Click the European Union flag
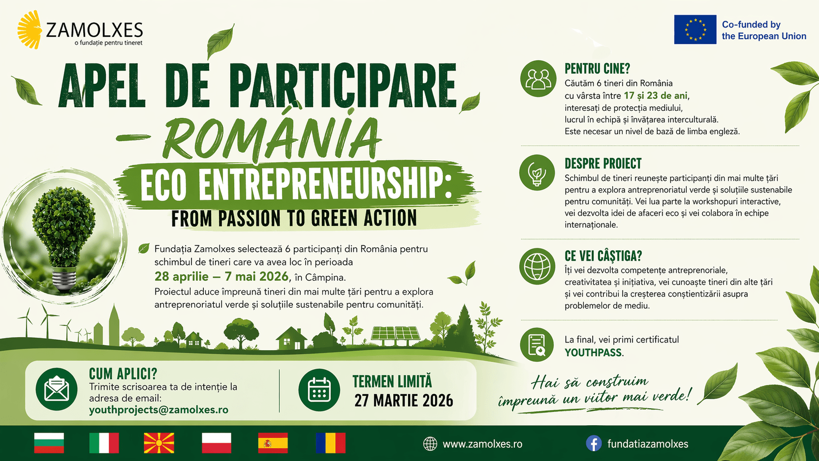(x=695, y=30)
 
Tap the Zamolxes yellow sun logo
(x=30, y=30)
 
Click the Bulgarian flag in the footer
(x=49, y=443)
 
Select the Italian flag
(x=104, y=443)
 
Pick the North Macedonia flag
(x=159, y=443)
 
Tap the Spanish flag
(x=273, y=443)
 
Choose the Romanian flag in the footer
(x=331, y=443)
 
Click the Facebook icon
(x=594, y=444)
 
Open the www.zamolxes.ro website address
(x=482, y=444)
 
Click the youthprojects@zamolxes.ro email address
(x=159, y=410)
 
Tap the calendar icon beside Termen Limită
(x=319, y=390)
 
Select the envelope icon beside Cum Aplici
(x=57, y=389)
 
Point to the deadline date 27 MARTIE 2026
(x=404, y=401)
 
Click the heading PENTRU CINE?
(x=597, y=69)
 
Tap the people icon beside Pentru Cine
(x=538, y=78)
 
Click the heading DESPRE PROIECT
(x=602, y=164)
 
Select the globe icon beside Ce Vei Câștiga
(x=537, y=267)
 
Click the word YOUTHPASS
(x=593, y=353)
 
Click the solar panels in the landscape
(x=395, y=334)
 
